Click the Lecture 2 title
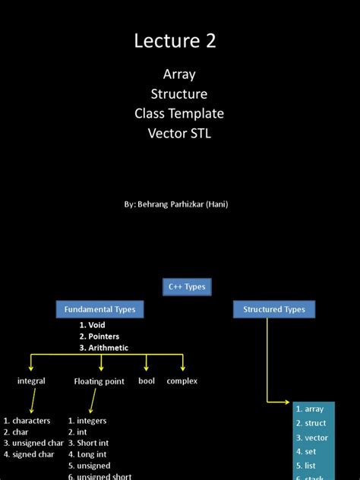click(175, 41)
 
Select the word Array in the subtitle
click(179, 74)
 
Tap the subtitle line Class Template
click(179, 114)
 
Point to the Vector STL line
click(179, 134)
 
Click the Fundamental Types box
click(99, 310)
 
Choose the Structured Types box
click(274, 310)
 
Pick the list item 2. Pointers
click(99, 336)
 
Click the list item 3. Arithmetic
click(103, 348)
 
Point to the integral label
click(31, 381)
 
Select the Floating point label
click(99, 381)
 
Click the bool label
click(147, 381)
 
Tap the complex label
click(182, 381)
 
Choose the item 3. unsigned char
click(33, 444)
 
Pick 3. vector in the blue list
click(311, 438)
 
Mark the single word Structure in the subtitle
click(179, 94)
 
